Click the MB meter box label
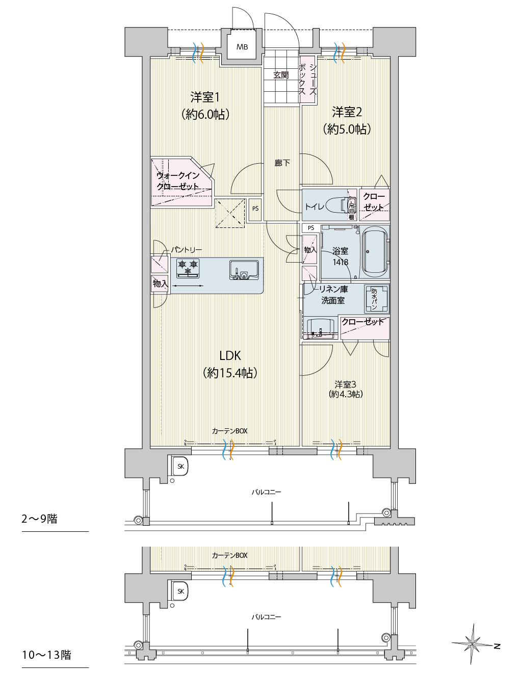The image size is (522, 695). tap(242, 47)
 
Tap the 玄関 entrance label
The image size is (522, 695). tap(281, 75)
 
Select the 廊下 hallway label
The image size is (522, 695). tap(282, 163)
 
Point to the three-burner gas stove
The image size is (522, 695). tap(188, 268)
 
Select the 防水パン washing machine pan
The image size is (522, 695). tap(377, 299)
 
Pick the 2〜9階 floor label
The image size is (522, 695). tap(39, 519)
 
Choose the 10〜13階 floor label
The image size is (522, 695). tap(46, 655)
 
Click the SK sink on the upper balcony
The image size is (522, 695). tap(180, 466)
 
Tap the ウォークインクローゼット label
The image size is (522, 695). tap(178, 181)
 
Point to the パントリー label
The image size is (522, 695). tap(186, 250)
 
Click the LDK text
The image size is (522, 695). tap(230, 356)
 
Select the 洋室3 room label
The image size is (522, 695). tap(345, 384)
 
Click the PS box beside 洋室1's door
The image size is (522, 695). tap(255, 209)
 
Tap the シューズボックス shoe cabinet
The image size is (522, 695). tap(307, 80)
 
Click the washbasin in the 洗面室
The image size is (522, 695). tap(321, 328)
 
